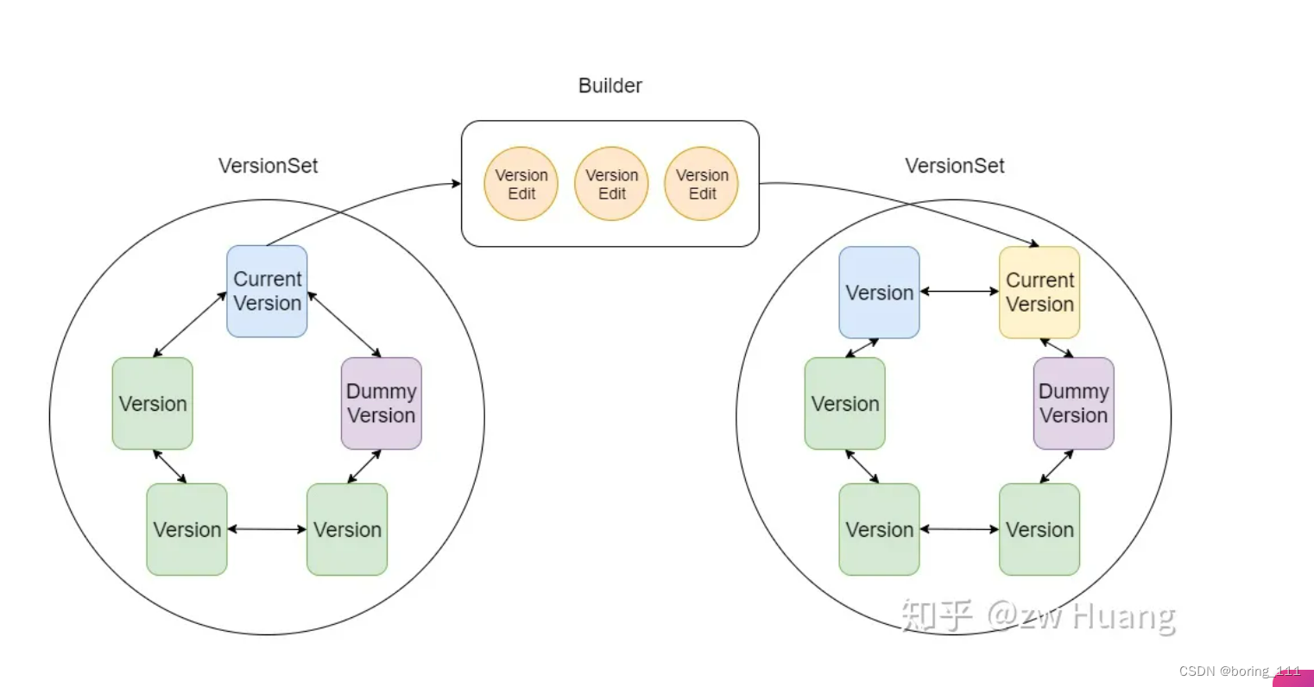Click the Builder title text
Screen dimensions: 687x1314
click(x=610, y=85)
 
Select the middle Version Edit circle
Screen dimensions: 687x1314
click(x=611, y=184)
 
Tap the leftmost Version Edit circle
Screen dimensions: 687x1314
click(x=521, y=184)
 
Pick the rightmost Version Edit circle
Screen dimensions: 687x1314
click(x=701, y=184)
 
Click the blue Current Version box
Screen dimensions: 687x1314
click(x=267, y=291)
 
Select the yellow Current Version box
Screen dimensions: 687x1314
click(x=1039, y=293)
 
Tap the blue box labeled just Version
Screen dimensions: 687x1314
click(x=879, y=293)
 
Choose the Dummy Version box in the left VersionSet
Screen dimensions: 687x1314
click(x=381, y=403)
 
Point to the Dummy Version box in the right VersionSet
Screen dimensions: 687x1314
click(x=1073, y=403)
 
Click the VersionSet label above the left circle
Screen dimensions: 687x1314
click(x=268, y=166)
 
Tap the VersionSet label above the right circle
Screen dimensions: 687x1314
click(x=954, y=166)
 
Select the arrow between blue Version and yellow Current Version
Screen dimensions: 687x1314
click(x=959, y=292)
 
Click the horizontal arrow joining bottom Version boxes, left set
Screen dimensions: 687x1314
click(x=267, y=529)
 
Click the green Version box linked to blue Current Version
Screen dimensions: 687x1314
click(x=152, y=403)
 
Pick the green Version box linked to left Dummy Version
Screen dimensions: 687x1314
click(x=346, y=529)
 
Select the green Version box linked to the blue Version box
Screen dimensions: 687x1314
click(x=844, y=403)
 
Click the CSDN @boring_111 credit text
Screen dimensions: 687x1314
click(x=1239, y=671)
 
